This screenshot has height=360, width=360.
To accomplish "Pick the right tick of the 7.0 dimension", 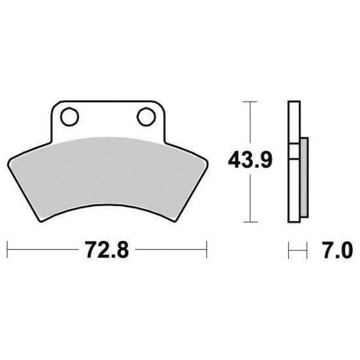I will coord(307,249).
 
